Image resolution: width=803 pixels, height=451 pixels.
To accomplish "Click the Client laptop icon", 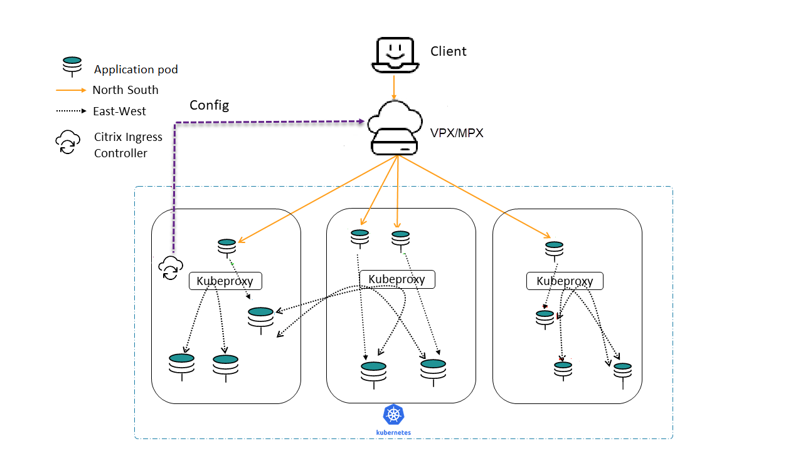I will point(395,55).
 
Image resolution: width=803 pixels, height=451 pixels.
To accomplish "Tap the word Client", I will point(448,51).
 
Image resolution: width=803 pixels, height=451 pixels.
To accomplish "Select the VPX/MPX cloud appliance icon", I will point(394,130).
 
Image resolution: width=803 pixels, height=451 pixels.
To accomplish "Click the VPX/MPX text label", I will point(457,133).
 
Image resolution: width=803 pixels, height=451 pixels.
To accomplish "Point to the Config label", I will point(209,105).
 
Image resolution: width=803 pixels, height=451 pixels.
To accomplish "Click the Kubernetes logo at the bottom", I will point(393,415).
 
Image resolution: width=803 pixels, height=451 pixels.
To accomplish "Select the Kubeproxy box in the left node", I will point(225,281).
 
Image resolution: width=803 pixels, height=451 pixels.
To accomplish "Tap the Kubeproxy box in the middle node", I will point(396,279).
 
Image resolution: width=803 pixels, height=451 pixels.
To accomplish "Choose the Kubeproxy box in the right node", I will point(564,281).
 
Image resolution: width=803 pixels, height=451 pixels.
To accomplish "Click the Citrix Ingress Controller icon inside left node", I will point(170,268).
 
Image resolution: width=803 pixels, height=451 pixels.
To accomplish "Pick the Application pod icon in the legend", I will point(72,65).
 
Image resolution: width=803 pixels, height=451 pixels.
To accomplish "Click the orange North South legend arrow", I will point(71,90).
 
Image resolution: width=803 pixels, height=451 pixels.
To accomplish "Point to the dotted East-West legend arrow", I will point(71,111).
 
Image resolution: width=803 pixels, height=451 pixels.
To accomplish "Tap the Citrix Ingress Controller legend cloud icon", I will point(68,142).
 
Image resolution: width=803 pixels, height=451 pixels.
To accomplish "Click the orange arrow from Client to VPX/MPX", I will point(394,86).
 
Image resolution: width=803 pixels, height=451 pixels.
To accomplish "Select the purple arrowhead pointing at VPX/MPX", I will point(361,121).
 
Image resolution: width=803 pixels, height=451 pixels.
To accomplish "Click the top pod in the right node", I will point(553,249).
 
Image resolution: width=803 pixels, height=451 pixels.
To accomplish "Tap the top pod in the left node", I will point(226,246).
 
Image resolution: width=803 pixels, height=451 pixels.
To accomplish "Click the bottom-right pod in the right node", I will point(622,371).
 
